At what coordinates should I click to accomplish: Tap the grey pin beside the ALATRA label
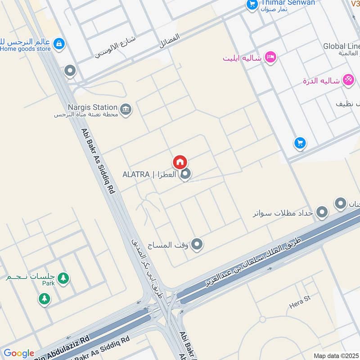(185, 174)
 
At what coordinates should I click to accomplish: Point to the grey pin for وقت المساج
(197, 244)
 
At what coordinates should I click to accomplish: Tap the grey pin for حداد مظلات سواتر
(322, 212)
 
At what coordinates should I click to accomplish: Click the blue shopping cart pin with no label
(300, 144)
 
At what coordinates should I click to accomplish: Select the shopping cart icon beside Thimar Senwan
(252, 4)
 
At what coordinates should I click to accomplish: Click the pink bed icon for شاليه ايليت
(270, 57)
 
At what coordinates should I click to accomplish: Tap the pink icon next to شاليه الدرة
(347, 79)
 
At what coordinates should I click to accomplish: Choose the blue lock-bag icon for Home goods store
(58, 44)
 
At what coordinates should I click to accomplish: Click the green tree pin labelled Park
(63, 278)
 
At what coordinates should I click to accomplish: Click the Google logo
(18, 353)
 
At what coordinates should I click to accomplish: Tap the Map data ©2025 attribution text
(336, 355)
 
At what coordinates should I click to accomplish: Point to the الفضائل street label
(170, 41)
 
